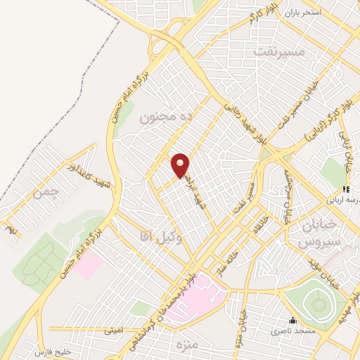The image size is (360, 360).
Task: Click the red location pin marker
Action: [181, 165]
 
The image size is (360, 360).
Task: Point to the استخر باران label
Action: [302, 13]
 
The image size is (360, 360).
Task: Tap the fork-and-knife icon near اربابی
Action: [345, 189]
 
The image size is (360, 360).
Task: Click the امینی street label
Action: [114, 328]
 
